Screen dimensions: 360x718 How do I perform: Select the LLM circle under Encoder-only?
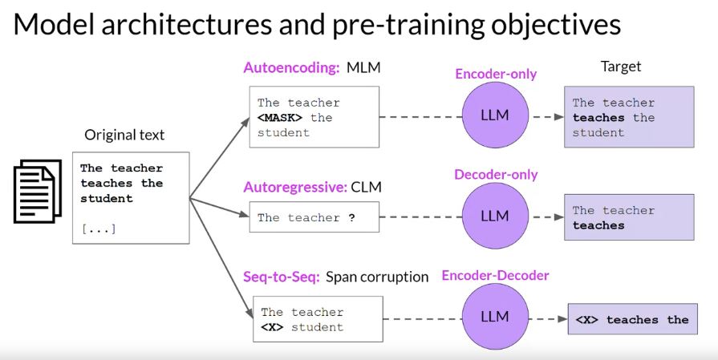495,115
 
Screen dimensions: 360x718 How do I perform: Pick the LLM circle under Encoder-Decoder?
495,316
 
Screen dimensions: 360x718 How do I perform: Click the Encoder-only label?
496,74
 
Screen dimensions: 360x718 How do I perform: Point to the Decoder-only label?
496,174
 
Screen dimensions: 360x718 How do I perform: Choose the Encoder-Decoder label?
496,276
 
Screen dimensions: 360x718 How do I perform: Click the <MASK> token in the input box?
280,118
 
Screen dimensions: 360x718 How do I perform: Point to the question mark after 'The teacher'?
351,217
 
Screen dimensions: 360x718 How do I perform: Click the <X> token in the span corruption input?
272,327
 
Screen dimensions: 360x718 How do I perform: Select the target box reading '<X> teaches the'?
631,320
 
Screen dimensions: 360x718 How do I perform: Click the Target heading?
621,67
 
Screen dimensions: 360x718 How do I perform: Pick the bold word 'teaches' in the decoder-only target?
598,225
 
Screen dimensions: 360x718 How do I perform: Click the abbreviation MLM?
363,67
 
